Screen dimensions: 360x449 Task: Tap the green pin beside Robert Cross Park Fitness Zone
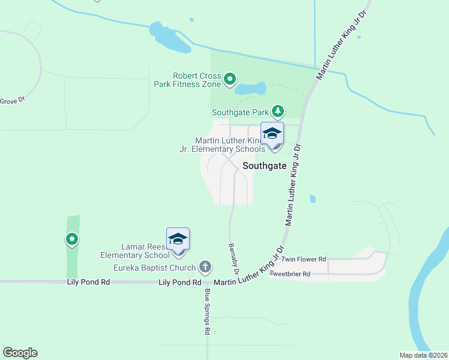tap(230, 79)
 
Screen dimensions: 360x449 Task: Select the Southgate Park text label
tap(240, 112)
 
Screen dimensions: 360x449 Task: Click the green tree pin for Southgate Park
tap(277, 111)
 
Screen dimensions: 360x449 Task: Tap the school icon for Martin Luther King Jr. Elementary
tap(272, 134)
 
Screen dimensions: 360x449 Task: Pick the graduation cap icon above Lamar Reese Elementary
tap(178, 239)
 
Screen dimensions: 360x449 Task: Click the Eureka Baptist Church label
tap(155, 268)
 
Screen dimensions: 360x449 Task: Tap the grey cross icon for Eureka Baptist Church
tap(205, 266)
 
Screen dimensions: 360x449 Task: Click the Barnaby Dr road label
tap(233, 259)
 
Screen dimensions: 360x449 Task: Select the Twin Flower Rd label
tap(304, 259)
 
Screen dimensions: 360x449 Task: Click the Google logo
tap(20, 353)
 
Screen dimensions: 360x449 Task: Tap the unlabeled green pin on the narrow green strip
tap(71, 240)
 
